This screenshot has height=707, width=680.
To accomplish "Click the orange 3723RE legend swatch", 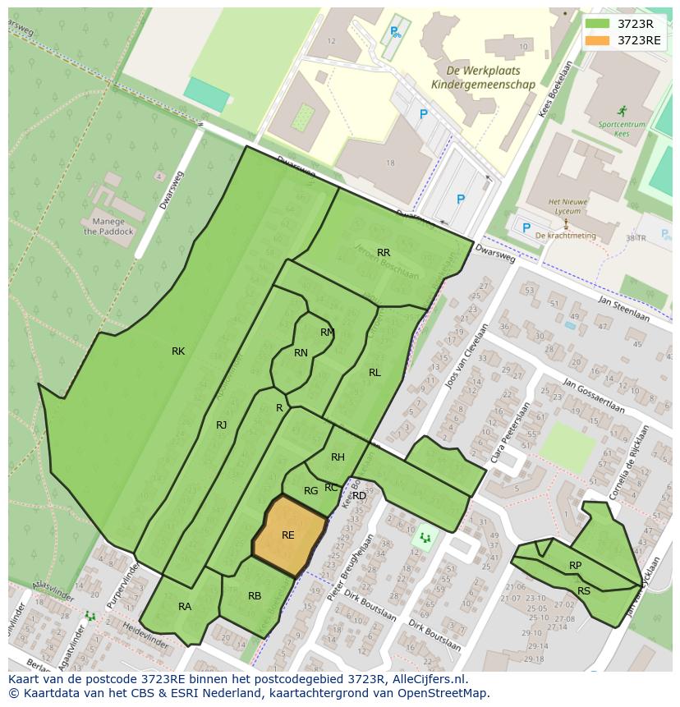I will pos(597,40).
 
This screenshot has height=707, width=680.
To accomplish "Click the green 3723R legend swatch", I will pos(597,24).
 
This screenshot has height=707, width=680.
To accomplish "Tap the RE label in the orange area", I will pos(288,535).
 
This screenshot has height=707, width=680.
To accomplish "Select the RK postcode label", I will pos(178,351).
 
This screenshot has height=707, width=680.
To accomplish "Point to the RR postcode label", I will pos(384,253).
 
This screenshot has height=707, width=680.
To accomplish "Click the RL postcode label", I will pos(374,373).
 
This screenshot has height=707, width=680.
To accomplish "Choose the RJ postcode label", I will pos(222,425).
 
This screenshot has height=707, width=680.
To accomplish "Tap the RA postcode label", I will pos(185,607).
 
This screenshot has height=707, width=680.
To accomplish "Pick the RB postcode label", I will pos(255,596).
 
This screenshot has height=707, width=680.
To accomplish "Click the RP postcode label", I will pos(575,566).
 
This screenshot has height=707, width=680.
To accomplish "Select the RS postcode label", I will pos(584,591).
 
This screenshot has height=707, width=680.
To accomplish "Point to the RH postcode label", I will pos(338,457).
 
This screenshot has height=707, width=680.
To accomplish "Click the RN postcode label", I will pos(301,353).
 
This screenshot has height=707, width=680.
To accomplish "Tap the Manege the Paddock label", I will pos(104,227).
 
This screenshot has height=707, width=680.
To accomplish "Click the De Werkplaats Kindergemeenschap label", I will pos(483,78).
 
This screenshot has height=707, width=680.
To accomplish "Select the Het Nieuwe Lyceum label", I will pos(566,206).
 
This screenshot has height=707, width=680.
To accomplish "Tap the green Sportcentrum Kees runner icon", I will pos(623,110).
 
